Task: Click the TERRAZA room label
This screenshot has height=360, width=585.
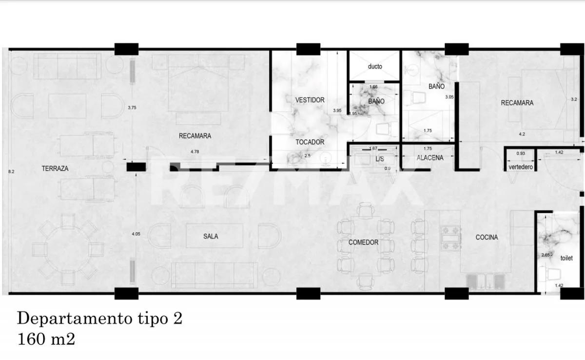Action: (55, 169)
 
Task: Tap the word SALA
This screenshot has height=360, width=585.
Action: (211, 236)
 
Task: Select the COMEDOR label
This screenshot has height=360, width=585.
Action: (363, 242)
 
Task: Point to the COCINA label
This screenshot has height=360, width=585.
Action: (487, 237)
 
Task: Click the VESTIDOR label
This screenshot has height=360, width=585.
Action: (310, 100)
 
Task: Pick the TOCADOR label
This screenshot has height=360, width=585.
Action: (310, 142)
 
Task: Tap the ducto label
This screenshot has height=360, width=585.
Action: (375, 66)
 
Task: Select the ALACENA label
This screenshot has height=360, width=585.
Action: (430, 157)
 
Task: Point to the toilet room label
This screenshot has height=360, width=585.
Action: (566, 258)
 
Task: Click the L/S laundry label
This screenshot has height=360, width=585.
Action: (380, 159)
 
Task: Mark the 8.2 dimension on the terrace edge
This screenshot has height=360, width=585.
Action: (12, 171)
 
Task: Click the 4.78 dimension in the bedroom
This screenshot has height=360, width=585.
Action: (195, 152)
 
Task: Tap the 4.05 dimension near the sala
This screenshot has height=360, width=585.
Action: (136, 234)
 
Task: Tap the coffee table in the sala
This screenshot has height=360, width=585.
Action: (214, 236)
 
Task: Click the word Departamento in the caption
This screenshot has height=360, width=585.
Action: (73, 319)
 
